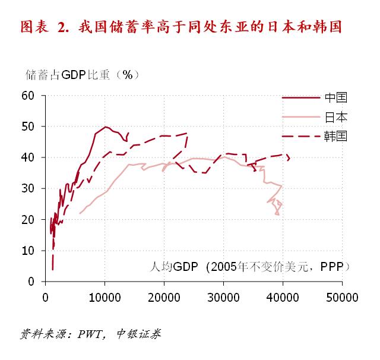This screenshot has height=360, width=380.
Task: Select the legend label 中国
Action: pos(335,98)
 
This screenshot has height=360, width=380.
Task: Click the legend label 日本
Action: pos(335,117)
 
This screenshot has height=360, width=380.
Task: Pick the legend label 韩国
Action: pos(335,136)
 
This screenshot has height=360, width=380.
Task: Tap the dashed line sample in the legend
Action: pos(300,136)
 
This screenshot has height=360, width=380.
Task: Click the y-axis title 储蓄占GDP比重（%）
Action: pos(82,75)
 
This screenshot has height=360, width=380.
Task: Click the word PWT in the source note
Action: pos(90,334)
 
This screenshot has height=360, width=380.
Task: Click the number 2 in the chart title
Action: pos(62,27)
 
